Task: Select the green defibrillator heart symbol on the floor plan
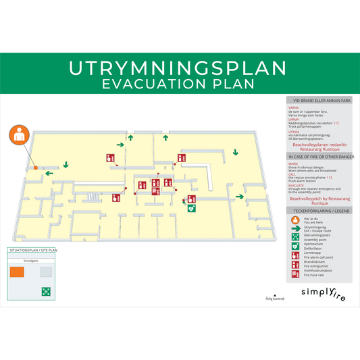click(x=191, y=209)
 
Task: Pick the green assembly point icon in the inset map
click(x=46, y=291)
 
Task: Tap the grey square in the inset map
click(x=45, y=272)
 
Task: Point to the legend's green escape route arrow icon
click(x=295, y=229)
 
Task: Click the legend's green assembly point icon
click(x=295, y=238)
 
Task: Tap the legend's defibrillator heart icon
click(x=295, y=247)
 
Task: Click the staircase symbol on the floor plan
click(x=93, y=197)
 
